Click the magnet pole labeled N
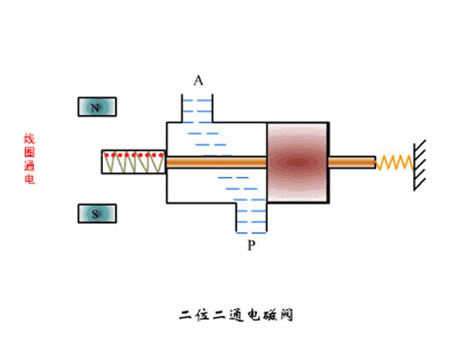(x=96, y=107)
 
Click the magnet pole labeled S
(x=96, y=214)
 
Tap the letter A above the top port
(x=198, y=81)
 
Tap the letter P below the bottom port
(x=251, y=246)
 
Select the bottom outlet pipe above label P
(x=251, y=217)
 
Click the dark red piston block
(x=298, y=161)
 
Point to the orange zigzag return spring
(x=394, y=162)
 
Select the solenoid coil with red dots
(x=133, y=162)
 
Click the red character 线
(x=29, y=139)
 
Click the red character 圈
(x=29, y=152)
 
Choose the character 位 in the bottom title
(x=205, y=315)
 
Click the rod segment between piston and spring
(x=352, y=162)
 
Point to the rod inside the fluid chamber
(x=217, y=162)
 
